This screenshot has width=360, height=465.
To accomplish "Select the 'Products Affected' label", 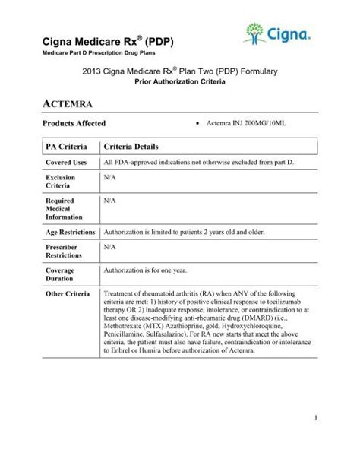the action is [74, 123].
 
